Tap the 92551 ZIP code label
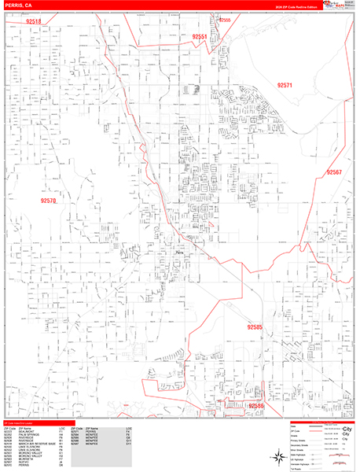199,37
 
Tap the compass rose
276,454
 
